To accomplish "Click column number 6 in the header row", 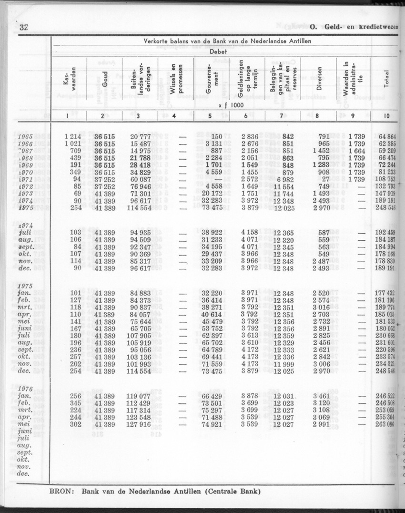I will coord(245,116).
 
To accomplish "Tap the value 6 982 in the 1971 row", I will coord(284,180).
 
